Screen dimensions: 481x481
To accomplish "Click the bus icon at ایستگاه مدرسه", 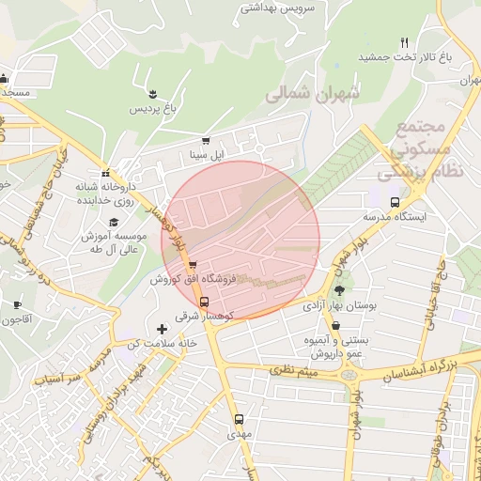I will tap(395, 201).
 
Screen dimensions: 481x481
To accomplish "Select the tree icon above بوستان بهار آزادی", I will tap(338, 290).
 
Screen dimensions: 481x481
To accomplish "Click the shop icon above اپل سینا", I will tap(206, 141).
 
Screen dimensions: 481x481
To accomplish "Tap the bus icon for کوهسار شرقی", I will tap(206, 301).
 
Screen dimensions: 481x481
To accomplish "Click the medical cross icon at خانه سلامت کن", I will tap(163, 329).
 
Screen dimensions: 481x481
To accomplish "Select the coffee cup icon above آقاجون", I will tap(17, 304).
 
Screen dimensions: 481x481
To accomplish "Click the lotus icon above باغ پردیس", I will tap(151, 92).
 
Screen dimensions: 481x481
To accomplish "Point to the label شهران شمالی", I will tap(313, 95).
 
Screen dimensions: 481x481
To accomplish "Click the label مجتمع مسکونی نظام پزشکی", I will tap(415, 150).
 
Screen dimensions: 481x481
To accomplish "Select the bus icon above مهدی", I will tap(239, 419).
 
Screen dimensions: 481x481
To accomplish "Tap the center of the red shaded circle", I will tap(240, 240).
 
